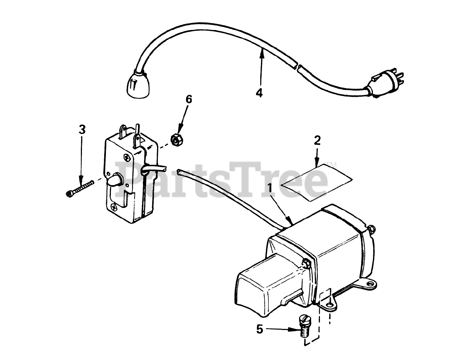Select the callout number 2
click(317, 140)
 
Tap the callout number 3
click(82, 130)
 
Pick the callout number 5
click(260, 330)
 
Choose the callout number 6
click(189, 99)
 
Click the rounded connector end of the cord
click(135, 83)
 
